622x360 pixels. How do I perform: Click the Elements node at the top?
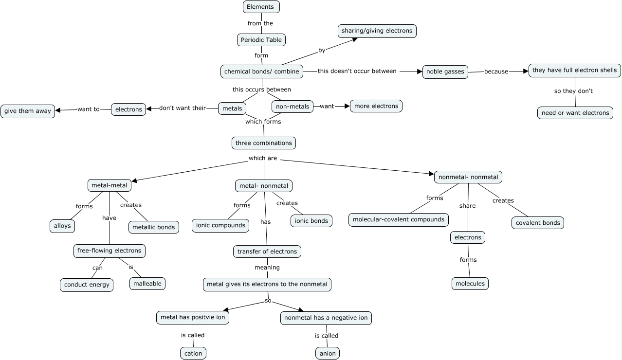261,7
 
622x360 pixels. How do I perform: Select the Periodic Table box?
261,40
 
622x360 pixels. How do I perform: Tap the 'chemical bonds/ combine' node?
262,72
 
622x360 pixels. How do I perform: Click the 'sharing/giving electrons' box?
377,31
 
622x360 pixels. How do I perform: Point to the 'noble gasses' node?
445,72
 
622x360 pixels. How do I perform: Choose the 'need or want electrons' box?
575,113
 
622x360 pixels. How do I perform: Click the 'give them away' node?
28,111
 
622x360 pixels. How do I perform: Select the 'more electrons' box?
376,106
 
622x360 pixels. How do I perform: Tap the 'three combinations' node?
264,143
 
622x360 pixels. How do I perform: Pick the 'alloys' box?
62,226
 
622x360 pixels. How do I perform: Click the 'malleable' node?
147,284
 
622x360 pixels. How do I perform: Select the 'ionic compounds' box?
220,226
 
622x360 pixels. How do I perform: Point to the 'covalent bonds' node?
538,223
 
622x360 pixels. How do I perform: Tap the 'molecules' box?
470,284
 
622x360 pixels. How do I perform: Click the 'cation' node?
193,353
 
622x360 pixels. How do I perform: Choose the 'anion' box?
328,353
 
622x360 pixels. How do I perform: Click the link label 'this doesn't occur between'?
357,71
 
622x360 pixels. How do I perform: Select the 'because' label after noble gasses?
496,72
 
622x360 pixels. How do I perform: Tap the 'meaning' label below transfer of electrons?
267,267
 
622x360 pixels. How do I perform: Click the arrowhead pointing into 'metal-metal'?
134,181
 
